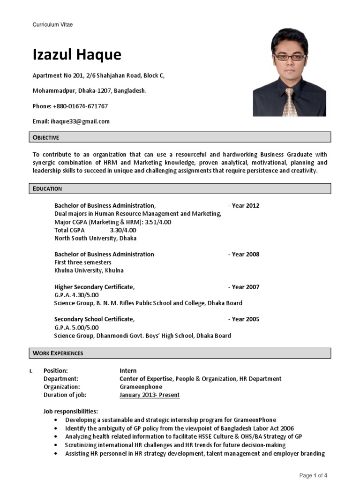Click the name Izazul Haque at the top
(x=77, y=55)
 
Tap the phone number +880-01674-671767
(x=81, y=106)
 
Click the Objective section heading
(x=46, y=137)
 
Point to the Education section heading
(x=47, y=189)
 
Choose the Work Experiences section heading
(x=58, y=353)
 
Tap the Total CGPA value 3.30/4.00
(x=123, y=230)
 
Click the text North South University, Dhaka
(x=95, y=238)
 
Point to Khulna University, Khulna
(x=89, y=270)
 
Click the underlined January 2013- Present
(x=150, y=395)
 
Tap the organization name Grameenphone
(x=141, y=387)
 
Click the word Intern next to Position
(x=128, y=371)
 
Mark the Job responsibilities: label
(x=71, y=412)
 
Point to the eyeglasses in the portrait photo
(x=289, y=57)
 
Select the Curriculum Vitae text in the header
(x=52, y=24)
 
